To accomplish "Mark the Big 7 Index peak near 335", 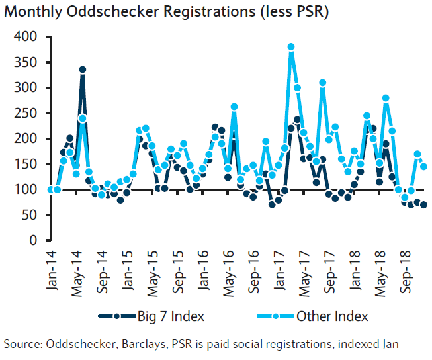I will pyautogui.click(x=82, y=69).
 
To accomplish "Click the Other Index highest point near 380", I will pyautogui.click(x=291, y=47).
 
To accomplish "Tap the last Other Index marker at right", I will pyautogui.click(x=423, y=167).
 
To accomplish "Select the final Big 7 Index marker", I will pyautogui.click(x=423, y=204).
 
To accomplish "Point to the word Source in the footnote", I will pyautogui.click(x=21, y=343).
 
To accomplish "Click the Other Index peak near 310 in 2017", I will pyautogui.click(x=323, y=83).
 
